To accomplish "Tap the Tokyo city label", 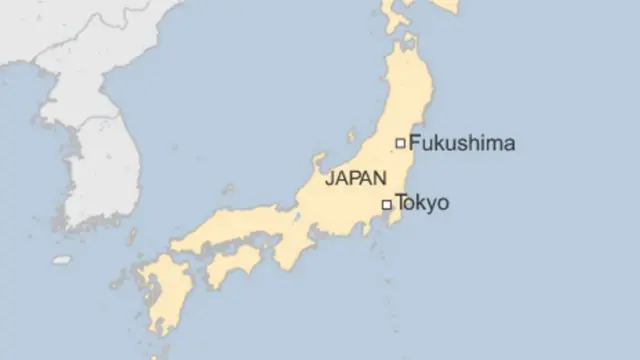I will pyautogui.click(x=422, y=204).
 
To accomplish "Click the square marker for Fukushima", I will pyautogui.click(x=400, y=143).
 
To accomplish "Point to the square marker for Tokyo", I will pyautogui.click(x=387, y=205).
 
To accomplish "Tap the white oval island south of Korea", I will pyautogui.click(x=62, y=260).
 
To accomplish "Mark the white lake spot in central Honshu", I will pyautogui.click(x=297, y=216).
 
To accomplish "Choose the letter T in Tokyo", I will pyautogui.click(x=401, y=204).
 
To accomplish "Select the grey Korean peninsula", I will pyautogui.click(x=95, y=160).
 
